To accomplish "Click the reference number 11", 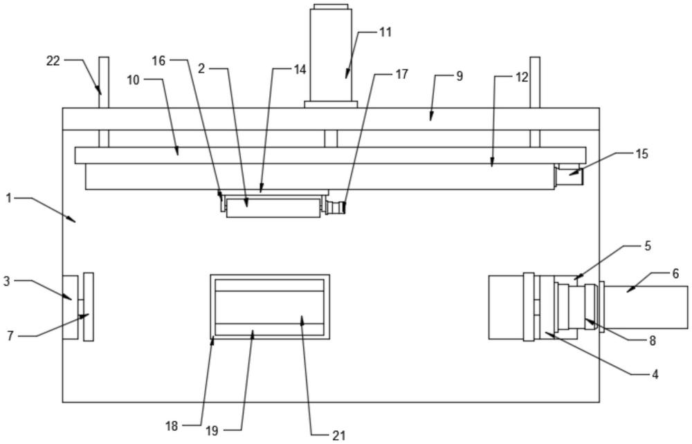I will (x=385, y=32).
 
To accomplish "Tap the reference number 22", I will (x=53, y=61).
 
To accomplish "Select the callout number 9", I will (x=459, y=76).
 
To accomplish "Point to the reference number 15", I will (x=641, y=154).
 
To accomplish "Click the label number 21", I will (x=338, y=435).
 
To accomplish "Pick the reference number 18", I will (x=172, y=427).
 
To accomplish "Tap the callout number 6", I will (x=675, y=273).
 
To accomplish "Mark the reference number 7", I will (x=10, y=336).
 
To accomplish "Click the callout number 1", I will (x=9, y=198).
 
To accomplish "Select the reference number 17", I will (x=401, y=75).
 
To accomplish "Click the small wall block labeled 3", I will (x=70, y=307).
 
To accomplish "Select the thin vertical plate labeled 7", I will (x=88, y=306).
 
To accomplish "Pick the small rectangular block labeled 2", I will (x=273, y=207).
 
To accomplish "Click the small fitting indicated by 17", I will (x=336, y=207).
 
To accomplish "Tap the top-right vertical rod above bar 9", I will (x=534, y=82).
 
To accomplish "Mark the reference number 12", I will (x=521, y=76).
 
